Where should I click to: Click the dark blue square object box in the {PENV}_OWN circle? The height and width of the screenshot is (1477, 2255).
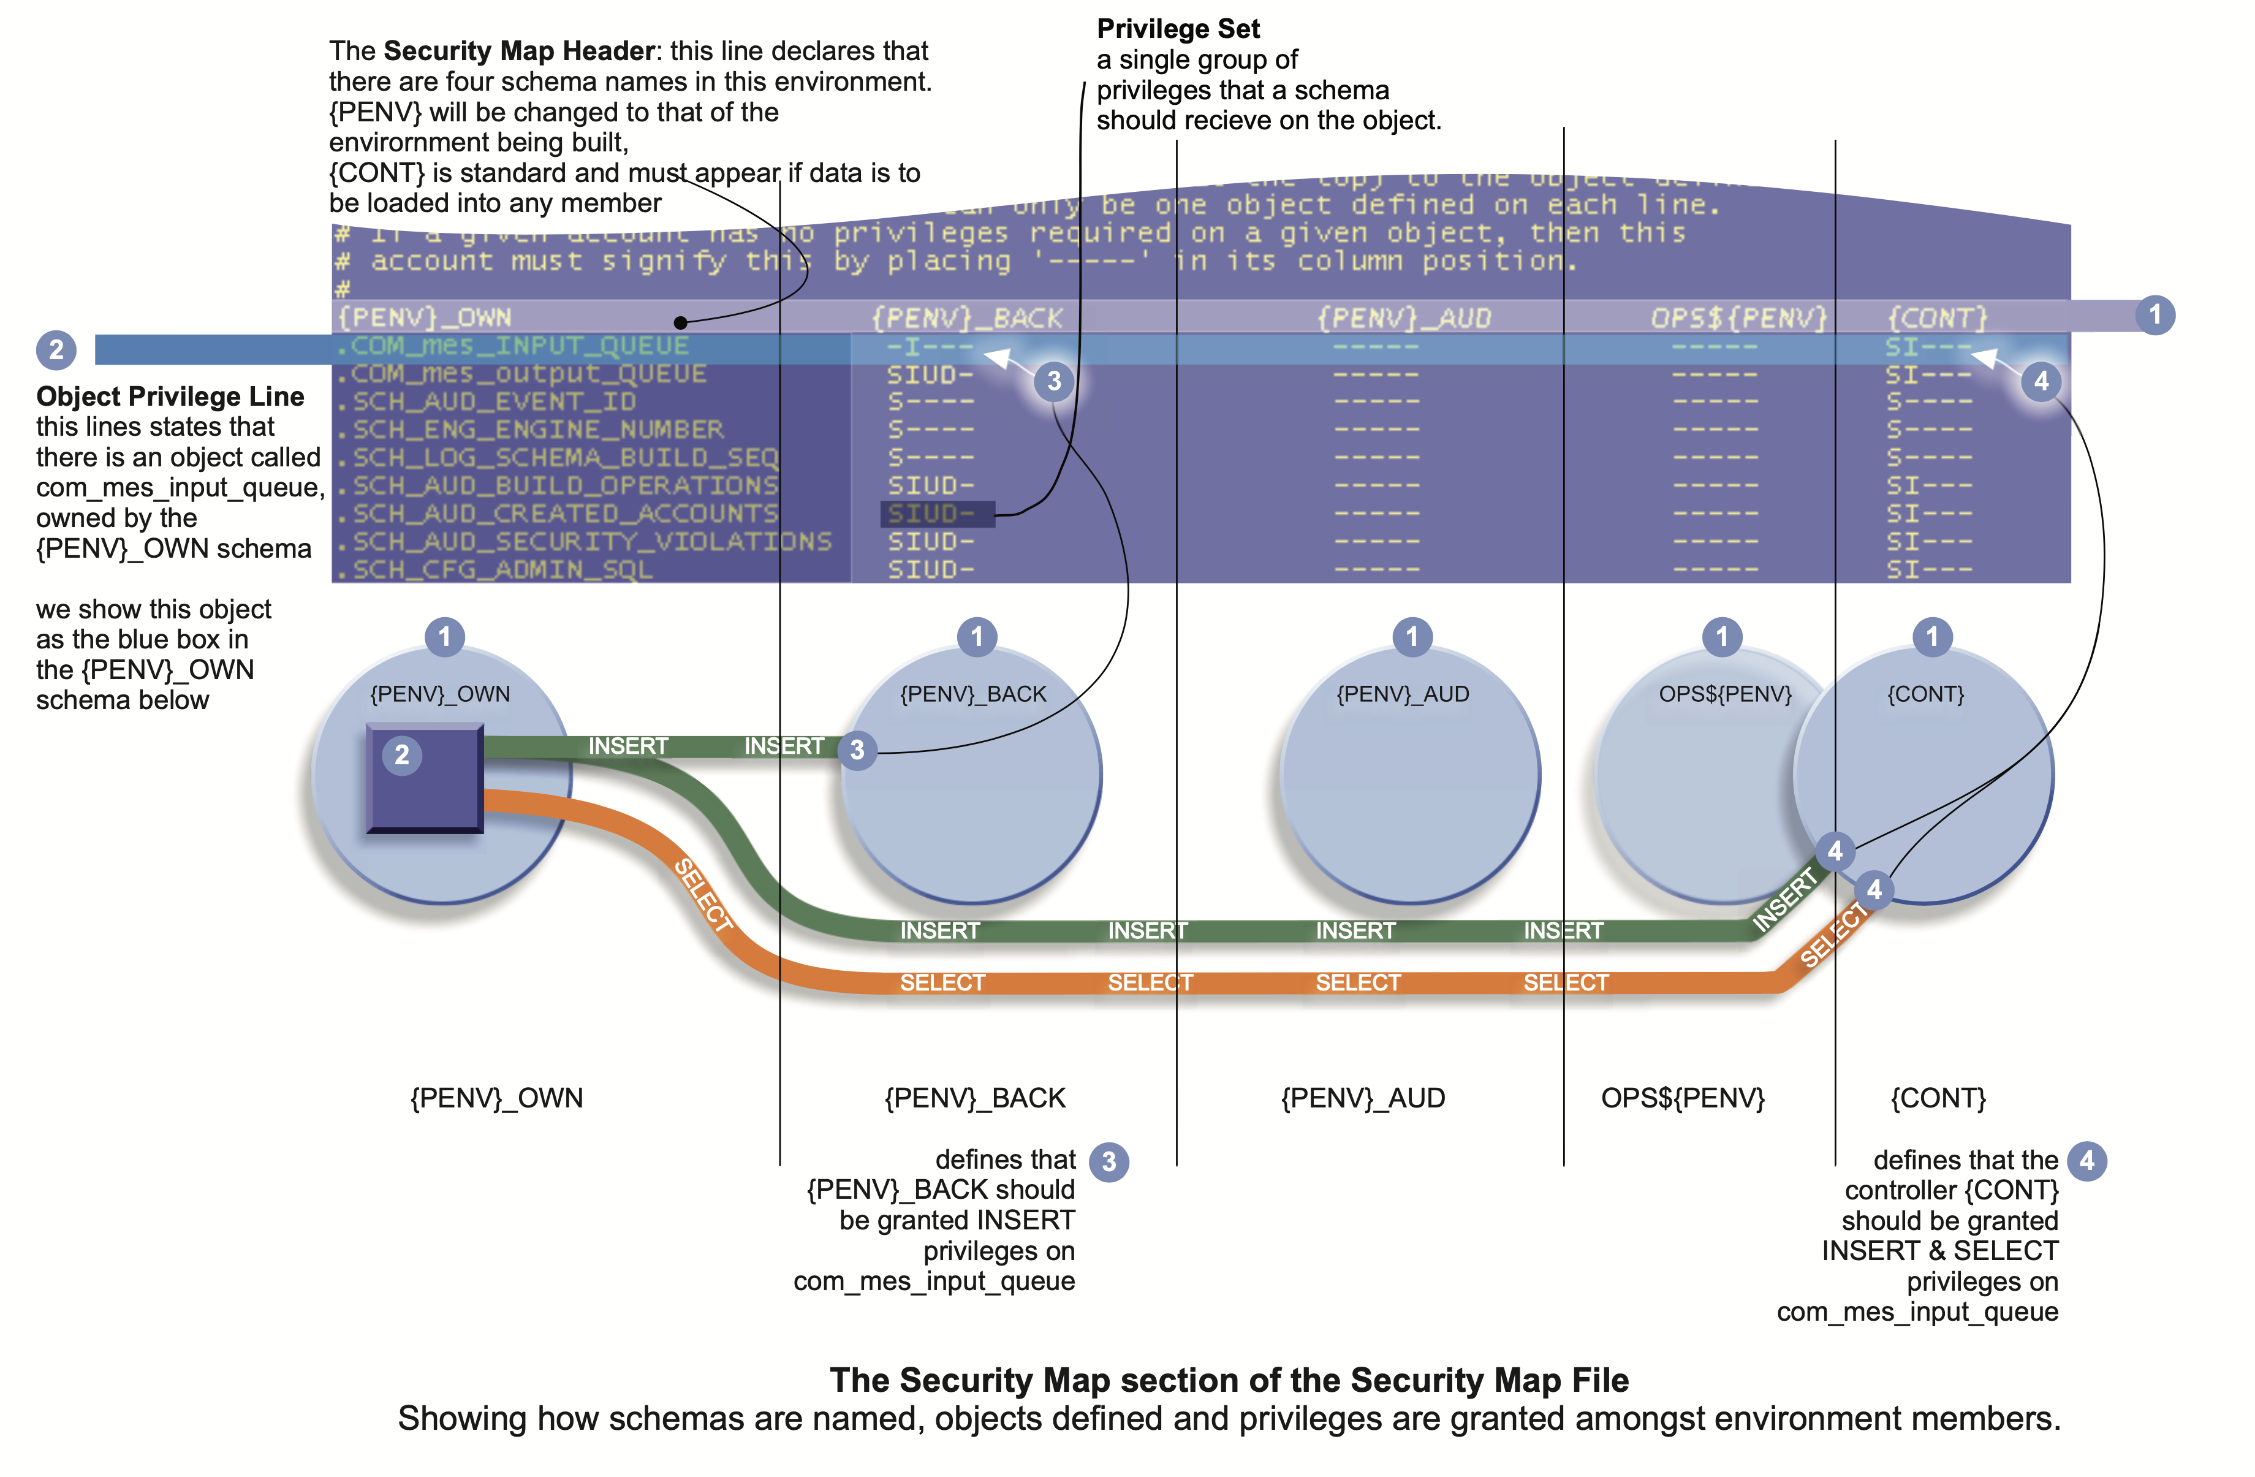click(425, 778)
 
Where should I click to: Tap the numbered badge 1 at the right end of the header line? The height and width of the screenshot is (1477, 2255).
click(2155, 314)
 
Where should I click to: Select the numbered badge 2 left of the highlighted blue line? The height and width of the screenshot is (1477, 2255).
click(56, 349)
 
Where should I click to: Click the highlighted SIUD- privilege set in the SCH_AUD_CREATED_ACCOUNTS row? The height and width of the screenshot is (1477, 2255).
click(937, 514)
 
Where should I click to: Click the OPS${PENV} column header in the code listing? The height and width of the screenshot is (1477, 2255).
click(1738, 318)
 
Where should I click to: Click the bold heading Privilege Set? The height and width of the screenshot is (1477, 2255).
click(1178, 29)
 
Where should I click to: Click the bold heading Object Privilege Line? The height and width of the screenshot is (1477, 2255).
click(170, 396)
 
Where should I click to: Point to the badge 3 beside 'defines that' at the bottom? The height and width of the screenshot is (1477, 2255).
click(1109, 1161)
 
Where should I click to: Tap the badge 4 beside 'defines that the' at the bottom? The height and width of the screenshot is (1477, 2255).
click(2086, 1161)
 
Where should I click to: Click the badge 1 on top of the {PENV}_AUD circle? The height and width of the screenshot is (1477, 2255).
click(1412, 637)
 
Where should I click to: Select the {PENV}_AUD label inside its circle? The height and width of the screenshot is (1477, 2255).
click(1402, 694)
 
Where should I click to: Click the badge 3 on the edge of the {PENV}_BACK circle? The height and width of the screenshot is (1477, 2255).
click(857, 750)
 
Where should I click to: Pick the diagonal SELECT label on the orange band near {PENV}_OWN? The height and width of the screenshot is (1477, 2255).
click(703, 894)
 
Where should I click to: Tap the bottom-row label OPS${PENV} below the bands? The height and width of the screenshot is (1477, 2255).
click(1683, 1098)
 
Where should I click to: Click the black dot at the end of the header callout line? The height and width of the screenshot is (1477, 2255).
click(680, 323)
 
